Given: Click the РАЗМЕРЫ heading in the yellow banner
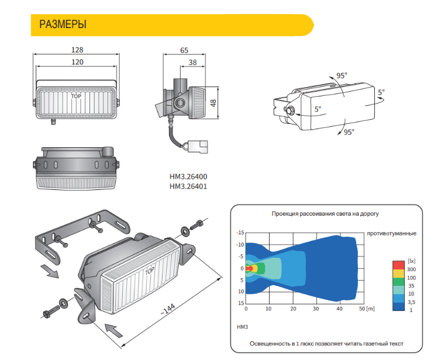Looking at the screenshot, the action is click(x=63, y=25).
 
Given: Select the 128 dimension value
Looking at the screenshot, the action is click(x=77, y=50).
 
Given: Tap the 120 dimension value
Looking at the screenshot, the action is click(x=77, y=62).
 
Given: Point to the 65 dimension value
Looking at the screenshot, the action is click(x=184, y=50).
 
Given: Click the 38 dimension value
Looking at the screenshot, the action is click(x=193, y=63).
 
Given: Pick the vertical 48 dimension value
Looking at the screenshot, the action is click(x=213, y=103).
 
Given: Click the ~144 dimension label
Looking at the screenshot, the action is click(x=168, y=309).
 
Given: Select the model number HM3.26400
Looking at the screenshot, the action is click(x=188, y=176).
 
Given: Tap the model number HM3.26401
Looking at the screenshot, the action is click(x=188, y=186).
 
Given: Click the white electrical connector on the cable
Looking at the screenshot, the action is click(x=198, y=147).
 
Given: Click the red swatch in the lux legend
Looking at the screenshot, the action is click(x=398, y=265).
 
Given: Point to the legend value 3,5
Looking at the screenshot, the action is click(x=411, y=302).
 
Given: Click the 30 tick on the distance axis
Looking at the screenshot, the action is click(x=316, y=309).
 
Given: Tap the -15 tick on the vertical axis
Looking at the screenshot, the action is click(x=240, y=233).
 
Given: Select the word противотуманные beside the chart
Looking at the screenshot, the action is click(x=392, y=234).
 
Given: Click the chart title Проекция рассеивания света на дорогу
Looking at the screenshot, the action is click(x=325, y=214).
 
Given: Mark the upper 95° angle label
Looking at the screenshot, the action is click(x=342, y=75).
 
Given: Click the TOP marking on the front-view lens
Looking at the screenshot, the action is click(x=76, y=96).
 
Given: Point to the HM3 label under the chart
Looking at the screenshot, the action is click(x=242, y=327).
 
